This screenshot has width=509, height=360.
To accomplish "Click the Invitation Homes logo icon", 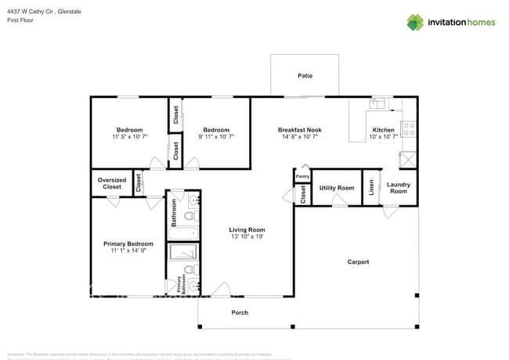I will point(415,22).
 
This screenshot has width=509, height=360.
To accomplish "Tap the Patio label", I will point(305,76).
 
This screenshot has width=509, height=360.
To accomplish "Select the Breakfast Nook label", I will point(299,130).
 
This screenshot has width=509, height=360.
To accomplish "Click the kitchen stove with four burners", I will point(408,129).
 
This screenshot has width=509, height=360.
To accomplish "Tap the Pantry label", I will point(302,177).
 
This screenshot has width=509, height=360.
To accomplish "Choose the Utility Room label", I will point(337,188).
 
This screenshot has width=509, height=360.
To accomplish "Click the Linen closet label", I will point(371,189).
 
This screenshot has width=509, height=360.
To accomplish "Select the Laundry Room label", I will point(399,188).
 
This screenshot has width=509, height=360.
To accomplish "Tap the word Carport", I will point(358,262).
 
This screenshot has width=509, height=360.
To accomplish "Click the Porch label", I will point(240,312).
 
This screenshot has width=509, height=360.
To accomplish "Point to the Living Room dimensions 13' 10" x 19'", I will point(247,237).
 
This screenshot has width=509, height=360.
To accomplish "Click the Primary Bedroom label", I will point(128,243).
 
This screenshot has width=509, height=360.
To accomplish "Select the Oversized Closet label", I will point(111,184).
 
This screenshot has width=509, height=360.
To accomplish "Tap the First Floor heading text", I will point(21,22).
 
